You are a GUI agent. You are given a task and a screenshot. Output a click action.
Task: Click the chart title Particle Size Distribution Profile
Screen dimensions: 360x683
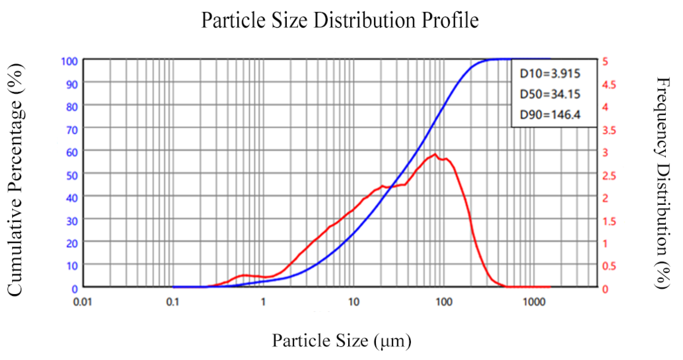(340, 20)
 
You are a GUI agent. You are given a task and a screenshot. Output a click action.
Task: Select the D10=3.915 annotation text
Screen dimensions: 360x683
(550, 74)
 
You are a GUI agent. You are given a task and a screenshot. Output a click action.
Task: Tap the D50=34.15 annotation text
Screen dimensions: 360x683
(550, 94)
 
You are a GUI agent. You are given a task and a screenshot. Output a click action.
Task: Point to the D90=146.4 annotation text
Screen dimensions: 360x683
(550, 115)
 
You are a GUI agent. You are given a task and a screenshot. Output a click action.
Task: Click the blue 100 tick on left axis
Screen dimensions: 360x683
(69, 61)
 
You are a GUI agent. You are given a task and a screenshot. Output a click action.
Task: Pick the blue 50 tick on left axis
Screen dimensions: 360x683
(72, 176)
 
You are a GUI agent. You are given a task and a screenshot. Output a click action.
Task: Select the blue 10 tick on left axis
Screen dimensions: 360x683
(72, 266)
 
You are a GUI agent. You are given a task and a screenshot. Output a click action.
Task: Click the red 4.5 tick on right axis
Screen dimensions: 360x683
(609, 85)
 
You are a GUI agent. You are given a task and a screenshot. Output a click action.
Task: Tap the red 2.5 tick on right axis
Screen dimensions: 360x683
(609, 176)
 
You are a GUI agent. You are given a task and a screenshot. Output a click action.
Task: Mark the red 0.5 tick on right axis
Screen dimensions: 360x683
(609, 266)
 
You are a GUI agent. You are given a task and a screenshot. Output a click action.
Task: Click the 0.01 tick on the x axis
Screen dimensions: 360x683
(83, 301)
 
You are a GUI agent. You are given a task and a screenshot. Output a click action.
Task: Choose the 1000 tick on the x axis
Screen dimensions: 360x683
(534, 301)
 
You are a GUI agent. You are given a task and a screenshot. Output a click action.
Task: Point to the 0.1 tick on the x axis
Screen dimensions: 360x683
(173, 301)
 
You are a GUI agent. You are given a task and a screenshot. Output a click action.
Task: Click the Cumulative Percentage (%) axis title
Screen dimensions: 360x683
(15, 180)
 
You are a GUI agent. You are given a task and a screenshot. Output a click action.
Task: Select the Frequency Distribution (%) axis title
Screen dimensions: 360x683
(663, 183)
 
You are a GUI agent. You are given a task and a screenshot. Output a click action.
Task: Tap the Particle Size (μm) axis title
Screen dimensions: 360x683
(341, 341)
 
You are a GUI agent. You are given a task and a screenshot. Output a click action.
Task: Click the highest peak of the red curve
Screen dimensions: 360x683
(435, 155)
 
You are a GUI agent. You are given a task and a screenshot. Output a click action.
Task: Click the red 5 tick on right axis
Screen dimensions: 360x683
(605, 61)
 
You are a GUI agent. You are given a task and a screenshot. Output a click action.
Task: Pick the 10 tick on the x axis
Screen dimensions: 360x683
(354, 301)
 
